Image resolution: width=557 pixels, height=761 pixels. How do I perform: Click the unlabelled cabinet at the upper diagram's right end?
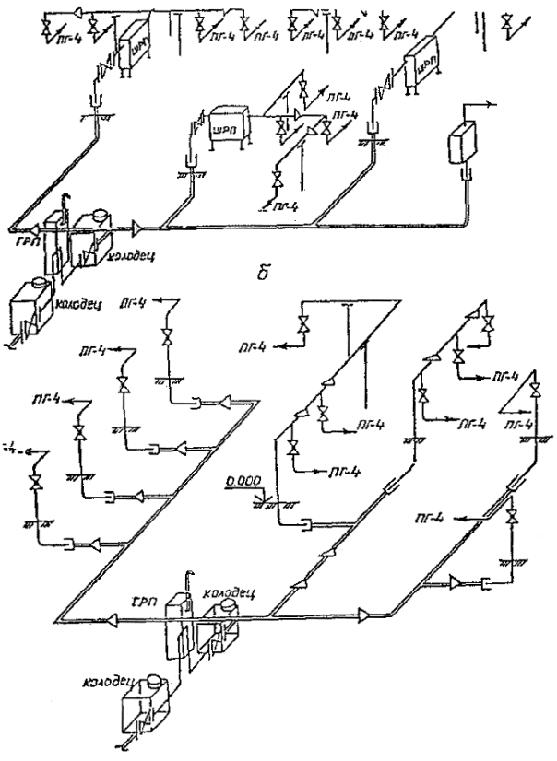(x=459, y=142)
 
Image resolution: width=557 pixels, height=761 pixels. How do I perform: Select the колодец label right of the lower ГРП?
(x=223, y=591)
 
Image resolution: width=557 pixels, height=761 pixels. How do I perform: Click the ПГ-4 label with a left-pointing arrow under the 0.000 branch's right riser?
(x=453, y=521)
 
